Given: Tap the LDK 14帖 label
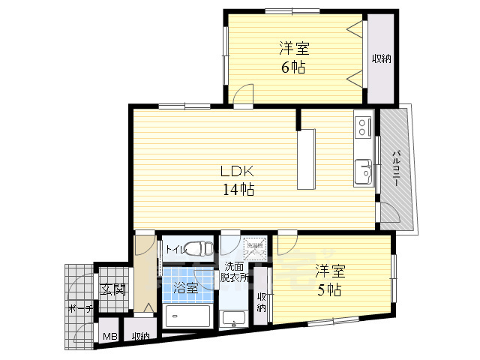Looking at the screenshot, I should [x=237, y=180].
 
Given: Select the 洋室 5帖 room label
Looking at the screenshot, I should [x=328, y=279].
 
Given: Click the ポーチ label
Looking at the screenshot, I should [x=79, y=309].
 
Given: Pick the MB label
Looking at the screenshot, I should [x=109, y=337].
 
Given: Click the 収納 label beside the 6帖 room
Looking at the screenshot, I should [x=382, y=59].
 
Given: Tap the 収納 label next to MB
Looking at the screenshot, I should [x=140, y=337].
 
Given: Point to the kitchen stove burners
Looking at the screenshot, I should [x=362, y=124].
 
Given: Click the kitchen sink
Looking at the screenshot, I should [x=363, y=173].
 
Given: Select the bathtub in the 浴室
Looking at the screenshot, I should [x=188, y=316].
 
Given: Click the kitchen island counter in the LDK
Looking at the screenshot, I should [x=306, y=160].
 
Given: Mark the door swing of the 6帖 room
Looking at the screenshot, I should [x=241, y=94].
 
